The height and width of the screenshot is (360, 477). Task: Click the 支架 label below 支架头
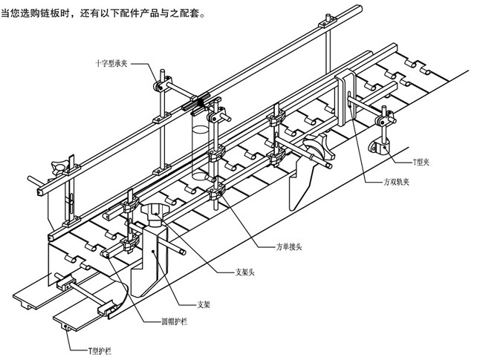tap(204, 303)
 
